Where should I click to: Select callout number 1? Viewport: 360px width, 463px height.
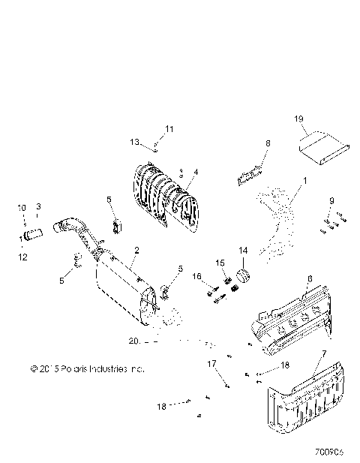point(304,181)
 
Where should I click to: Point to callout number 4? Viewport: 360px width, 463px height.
point(196,172)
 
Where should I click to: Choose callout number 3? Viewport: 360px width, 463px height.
point(39,206)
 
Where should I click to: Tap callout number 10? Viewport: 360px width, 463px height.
point(22,207)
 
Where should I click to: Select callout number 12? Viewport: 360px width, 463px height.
point(22,257)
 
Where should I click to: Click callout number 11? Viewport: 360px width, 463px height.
point(169,129)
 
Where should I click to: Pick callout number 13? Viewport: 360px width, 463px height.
point(136,142)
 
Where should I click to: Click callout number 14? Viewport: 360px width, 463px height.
point(242,250)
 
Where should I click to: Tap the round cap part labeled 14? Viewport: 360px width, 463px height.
point(243,272)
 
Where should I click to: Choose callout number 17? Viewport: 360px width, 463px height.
point(212,363)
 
